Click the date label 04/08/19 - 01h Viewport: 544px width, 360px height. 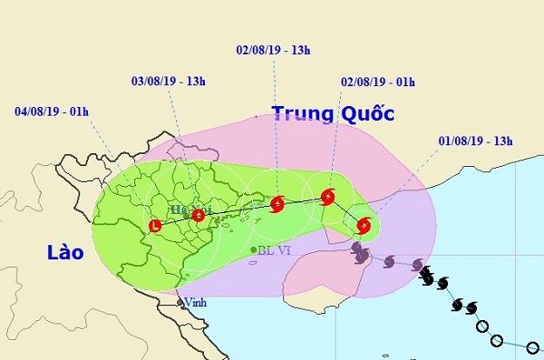point(52,113)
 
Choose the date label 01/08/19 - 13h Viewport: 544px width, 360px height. point(475,140)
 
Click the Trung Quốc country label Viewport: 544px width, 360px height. point(320,114)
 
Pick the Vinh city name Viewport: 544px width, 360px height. point(195,303)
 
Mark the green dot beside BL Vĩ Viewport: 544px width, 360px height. point(253,249)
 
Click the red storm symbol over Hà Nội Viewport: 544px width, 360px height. point(199,215)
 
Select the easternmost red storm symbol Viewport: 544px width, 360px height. point(364,225)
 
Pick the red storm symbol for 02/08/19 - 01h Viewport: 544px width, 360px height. point(327,196)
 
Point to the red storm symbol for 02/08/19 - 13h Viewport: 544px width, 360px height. point(277,204)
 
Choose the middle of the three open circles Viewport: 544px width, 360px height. point(496,340)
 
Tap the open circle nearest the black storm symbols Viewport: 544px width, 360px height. point(481,326)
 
